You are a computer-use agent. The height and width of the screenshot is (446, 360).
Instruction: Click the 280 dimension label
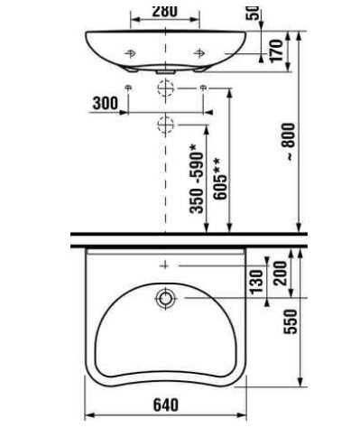click(x=165, y=11)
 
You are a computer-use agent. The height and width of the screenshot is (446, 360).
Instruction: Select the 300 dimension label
click(x=106, y=103)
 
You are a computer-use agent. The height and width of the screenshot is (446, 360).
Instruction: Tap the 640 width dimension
click(x=166, y=404)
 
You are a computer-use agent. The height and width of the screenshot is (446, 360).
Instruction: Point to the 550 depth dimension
click(x=291, y=321)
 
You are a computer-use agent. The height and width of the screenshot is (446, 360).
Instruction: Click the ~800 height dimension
click(x=290, y=142)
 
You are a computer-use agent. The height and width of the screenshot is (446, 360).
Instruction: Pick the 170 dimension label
click(x=277, y=51)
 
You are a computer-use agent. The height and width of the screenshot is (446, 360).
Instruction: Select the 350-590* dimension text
click(x=197, y=179)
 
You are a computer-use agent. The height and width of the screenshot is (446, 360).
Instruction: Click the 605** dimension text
click(x=220, y=179)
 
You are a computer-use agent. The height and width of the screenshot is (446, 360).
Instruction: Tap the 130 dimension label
click(x=256, y=282)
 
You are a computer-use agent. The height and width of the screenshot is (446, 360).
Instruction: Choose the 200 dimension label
click(x=281, y=274)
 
